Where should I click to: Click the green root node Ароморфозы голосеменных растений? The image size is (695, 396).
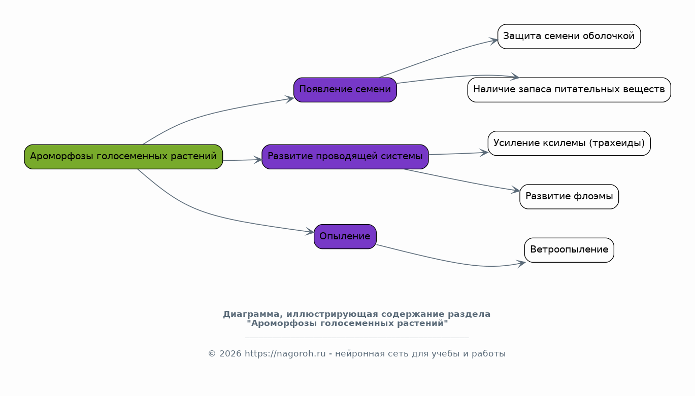pyautogui.click(x=123, y=157)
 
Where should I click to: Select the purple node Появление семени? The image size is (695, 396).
pyautogui.click(x=345, y=90)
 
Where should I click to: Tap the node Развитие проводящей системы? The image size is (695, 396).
pyautogui.click(x=345, y=157)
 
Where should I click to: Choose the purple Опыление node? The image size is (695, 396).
pyautogui.click(x=345, y=236)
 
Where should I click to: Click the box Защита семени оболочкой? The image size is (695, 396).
pyautogui.click(x=569, y=37)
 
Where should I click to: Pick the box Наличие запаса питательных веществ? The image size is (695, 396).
pyautogui.click(x=569, y=90)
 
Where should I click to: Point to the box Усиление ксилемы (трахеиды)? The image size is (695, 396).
pyautogui.click(x=569, y=143)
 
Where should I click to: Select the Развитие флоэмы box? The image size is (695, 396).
pyautogui.click(x=569, y=197)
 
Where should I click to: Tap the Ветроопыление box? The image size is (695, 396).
pyautogui.click(x=569, y=250)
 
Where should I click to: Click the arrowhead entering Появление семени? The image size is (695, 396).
pyautogui.click(x=290, y=99)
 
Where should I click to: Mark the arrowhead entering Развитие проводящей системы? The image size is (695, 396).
pyautogui.click(x=258, y=160)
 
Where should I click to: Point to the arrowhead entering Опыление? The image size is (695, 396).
pyautogui.click(x=310, y=231)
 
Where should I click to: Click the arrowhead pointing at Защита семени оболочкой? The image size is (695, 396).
pyautogui.click(x=494, y=40)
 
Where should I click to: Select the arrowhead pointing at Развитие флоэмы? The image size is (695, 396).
pyautogui.click(x=516, y=190)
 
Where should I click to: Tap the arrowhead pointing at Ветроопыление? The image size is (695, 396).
pyautogui.click(x=521, y=264)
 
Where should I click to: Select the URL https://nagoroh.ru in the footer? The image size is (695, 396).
pyautogui.click(x=285, y=353)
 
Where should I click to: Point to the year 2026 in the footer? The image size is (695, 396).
pyautogui.click(x=230, y=353)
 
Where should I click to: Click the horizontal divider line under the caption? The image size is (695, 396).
pyautogui.click(x=357, y=338)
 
